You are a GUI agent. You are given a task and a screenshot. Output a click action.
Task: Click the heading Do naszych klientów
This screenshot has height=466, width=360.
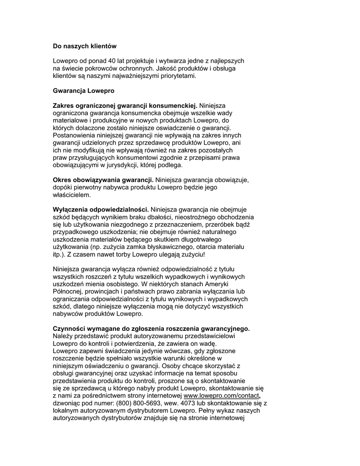(x=85, y=46)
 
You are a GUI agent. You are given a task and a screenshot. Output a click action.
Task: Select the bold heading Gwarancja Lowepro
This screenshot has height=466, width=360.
(x=83, y=91)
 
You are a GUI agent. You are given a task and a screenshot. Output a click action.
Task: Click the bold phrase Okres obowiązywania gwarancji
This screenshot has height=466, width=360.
(x=103, y=180)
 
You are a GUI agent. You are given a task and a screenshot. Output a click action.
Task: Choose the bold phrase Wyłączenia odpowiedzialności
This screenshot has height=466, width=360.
(x=101, y=210)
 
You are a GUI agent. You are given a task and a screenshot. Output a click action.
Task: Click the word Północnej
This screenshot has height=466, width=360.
(x=68, y=291)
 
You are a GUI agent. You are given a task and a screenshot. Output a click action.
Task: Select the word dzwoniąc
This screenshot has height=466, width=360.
(x=67, y=404)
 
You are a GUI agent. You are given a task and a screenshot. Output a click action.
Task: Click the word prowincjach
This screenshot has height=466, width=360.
(x=104, y=291)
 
